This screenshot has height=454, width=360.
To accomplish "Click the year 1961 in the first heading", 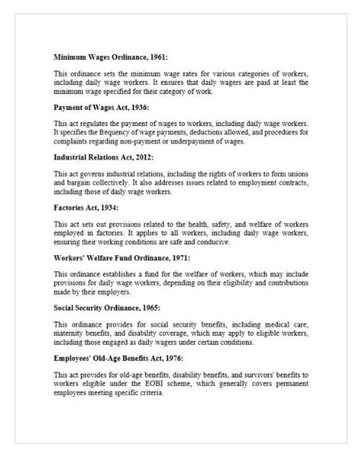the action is [x=159, y=56].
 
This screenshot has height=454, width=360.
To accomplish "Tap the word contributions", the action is [x=273, y=282].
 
